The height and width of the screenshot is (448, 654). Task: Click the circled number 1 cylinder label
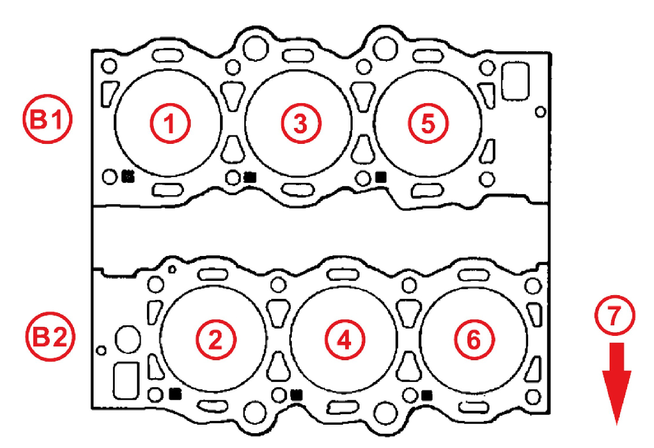tap(170, 123)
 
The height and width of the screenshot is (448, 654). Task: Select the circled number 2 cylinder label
tap(216, 340)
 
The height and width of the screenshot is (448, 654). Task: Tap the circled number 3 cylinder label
tap(301, 123)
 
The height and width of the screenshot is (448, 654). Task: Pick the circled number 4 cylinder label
tap(345, 340)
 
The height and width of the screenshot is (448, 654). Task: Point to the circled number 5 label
tap(428, 123)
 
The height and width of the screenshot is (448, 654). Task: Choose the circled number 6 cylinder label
tap(474, 340)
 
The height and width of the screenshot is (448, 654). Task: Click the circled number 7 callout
tap(614, 315)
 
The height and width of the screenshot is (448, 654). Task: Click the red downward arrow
tap(616, 384)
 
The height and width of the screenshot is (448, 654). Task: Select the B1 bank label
tap(48, 119)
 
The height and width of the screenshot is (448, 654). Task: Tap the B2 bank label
tap(50, 337)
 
